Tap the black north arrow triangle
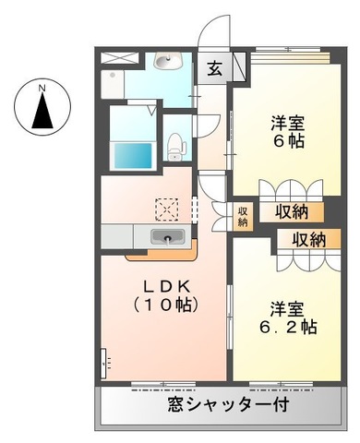tap(42, 113)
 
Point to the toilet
tap(175, 144)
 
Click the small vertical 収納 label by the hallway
tap(243, 217)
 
